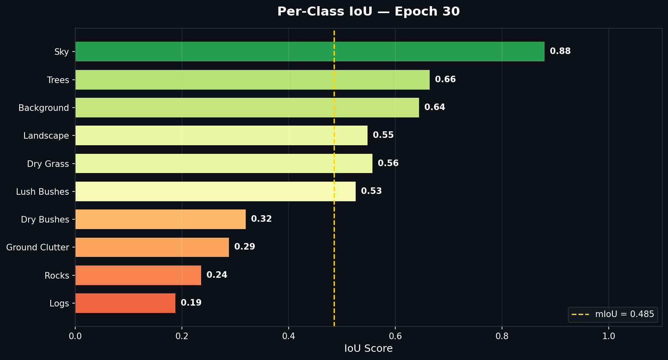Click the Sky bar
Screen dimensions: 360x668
(x=309, y=52)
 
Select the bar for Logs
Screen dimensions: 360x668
(x=125, y=303)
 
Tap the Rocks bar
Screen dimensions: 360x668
(x=138, y=275)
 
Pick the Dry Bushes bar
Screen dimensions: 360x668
(x=160, y=219)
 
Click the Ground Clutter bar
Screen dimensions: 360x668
(x=152, y=247)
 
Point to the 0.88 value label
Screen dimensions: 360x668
(x=560, y=51)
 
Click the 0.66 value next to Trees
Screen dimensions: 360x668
(x=445, y=79)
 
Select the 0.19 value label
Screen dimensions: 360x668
(x=191, y=303)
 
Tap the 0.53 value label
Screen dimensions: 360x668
(x=371, y=191)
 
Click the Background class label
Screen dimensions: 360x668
(x=44, y=108)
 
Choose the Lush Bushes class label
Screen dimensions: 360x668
(x=43, y=192)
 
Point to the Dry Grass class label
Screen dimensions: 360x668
(x=48, y=164)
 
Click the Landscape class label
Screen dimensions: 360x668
(x=46, y=136)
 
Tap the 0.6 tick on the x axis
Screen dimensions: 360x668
(x=395, y=336)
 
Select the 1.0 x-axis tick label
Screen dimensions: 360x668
(x=609, y=336)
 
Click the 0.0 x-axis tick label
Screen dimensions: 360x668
(x=75, y=336)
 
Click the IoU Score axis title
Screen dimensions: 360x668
(x=368, y=349)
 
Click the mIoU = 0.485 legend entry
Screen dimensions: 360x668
(x=613, y=315)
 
